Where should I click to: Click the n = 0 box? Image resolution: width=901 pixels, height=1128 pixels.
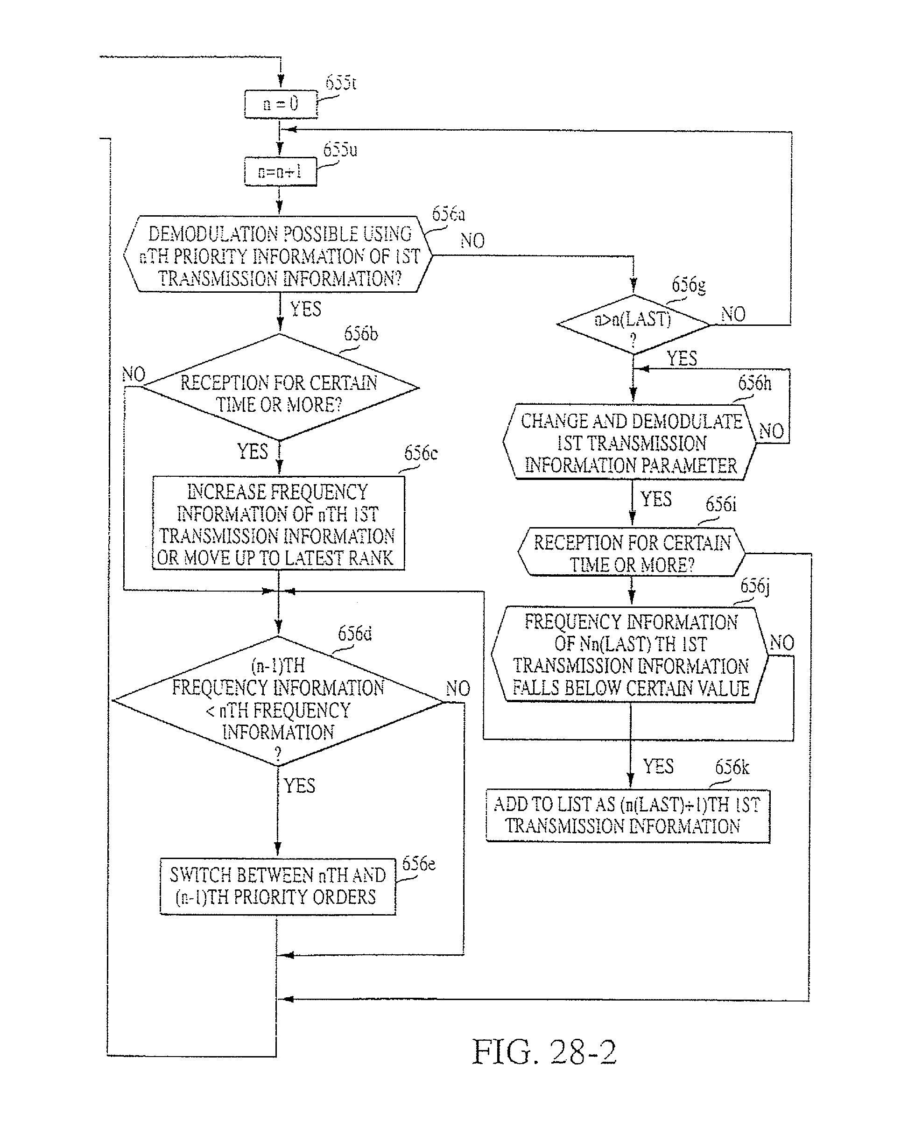[x=281, y=104]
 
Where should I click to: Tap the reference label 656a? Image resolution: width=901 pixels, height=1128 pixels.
[x=448, y=214]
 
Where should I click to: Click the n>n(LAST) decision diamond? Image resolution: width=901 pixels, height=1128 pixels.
[x=633, y=324]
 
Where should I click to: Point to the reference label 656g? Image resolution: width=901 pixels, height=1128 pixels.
[x=688, y=285]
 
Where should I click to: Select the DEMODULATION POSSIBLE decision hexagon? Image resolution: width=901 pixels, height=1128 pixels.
[x=279, y=255]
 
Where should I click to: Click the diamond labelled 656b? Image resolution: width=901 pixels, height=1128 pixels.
[x=280, y=388]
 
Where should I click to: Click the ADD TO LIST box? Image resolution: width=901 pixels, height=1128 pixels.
[x=627, y=815]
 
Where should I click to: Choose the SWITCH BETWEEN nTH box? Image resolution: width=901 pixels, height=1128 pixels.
[x=277, y=886]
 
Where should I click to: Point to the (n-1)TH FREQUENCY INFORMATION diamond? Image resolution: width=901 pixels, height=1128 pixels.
[x=278, y=701]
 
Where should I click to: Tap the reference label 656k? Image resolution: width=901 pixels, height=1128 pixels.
[x=732, y=767]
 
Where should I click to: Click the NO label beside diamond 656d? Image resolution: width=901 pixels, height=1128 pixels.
[x=458, y=689]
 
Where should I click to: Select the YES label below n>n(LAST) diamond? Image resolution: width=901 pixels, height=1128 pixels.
[x=681, y=359]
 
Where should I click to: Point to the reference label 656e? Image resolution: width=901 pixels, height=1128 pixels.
[x=418, y=864]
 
